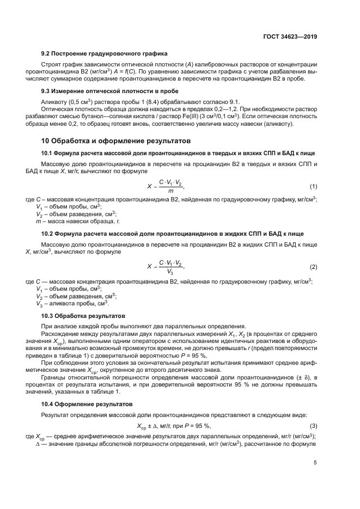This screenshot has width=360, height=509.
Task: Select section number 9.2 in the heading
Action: point(47,53)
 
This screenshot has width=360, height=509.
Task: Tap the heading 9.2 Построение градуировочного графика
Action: point(104,53)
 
